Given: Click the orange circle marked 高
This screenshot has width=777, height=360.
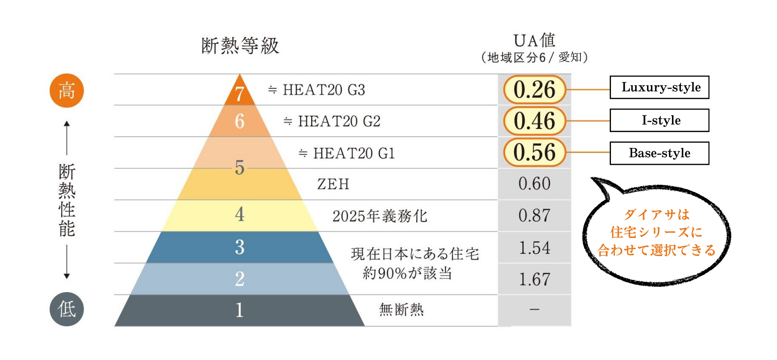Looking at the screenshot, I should click(x=67, y=90).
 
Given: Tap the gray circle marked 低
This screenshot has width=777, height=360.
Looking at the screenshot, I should click(x=67, y=309).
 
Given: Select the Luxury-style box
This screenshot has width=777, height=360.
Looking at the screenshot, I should click(x=659, y=87).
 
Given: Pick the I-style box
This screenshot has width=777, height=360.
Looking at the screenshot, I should click(x=659, y=120).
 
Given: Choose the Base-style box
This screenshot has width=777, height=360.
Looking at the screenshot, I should click(x=659, y=153).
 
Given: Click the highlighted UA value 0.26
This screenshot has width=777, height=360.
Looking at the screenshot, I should click(x=534, y=90).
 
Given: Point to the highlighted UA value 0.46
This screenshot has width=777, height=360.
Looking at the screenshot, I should click(x=534, y=121).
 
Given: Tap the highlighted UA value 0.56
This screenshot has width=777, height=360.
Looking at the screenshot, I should click(x=534, y=153).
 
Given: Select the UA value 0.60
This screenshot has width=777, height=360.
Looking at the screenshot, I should click(x=534, y=184).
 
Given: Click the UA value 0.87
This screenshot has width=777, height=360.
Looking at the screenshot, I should click(x=534, y=216).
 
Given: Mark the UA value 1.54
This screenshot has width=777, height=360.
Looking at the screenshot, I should click(x=534, y=248).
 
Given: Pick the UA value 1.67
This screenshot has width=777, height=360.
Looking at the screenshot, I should click(x=534, y=279).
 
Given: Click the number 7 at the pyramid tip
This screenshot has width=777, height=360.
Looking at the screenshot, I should click(x=240, y=94).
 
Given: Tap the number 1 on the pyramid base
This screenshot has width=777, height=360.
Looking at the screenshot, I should click(x=240, y=310).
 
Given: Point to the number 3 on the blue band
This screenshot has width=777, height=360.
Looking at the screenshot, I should click(x=240, y=247).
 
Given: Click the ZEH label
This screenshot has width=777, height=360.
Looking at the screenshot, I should click(x=333, y=184).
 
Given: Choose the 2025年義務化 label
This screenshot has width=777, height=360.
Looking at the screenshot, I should click(x=380, y=216).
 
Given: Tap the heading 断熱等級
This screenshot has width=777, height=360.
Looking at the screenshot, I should click(x=240, y=46).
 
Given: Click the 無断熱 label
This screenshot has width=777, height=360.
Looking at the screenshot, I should click(x=401, y=310).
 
